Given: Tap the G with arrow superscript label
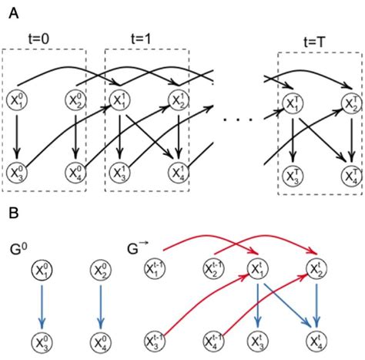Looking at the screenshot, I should tap(136, 249).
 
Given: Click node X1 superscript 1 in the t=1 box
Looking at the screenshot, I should tap(120, 100).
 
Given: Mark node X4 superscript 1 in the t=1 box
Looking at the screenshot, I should tap(181, 171).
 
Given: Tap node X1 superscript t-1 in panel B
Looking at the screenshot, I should tap(154, 269).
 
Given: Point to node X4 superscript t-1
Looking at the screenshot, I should tap(213, 339).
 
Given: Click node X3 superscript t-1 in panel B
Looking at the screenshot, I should tap(154, 339).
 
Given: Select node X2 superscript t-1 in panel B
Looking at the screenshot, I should tap(213, 269).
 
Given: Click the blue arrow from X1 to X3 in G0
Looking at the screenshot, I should tap(43, 304).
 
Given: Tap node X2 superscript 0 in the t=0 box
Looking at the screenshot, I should tap(75, 100).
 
